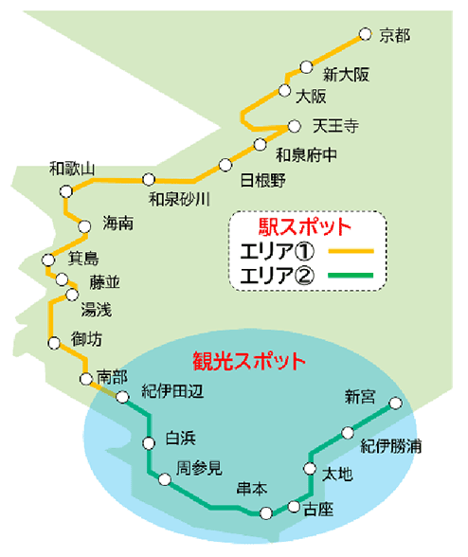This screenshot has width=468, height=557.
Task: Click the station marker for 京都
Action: tap(365, 34)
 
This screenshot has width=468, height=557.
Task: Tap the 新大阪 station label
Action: tap(346, 75)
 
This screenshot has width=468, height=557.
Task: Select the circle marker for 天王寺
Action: tap(295, 126)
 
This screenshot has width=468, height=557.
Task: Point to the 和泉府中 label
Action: tap(306, 155)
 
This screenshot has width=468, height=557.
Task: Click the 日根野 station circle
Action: tap(225, 165)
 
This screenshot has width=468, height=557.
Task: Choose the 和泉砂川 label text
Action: tap(179, 199)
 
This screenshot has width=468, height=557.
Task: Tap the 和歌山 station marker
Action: tap(65, 191)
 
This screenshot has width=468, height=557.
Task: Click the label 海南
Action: tap(118, 224)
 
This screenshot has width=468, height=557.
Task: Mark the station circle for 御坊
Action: tap(54, 343)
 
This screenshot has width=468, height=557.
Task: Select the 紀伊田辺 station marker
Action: tap(122, 397)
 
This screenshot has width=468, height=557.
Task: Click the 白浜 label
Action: tap(181, 439)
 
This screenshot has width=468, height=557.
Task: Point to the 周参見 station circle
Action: tap(165, 479)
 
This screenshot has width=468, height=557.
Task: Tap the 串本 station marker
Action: tap(266, 513)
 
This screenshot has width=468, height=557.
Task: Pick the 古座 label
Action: tap(318, 510)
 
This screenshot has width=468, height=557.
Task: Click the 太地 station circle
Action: tap(310, 468)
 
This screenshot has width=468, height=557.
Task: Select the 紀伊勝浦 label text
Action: tap(391, 446)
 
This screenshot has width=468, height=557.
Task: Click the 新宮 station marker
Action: tap(395, 404)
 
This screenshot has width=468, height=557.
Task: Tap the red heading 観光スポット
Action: tap(249, 361)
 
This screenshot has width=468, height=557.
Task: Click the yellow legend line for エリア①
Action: tap(351, 251)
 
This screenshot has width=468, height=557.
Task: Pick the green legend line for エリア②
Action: tap(351, 275)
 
